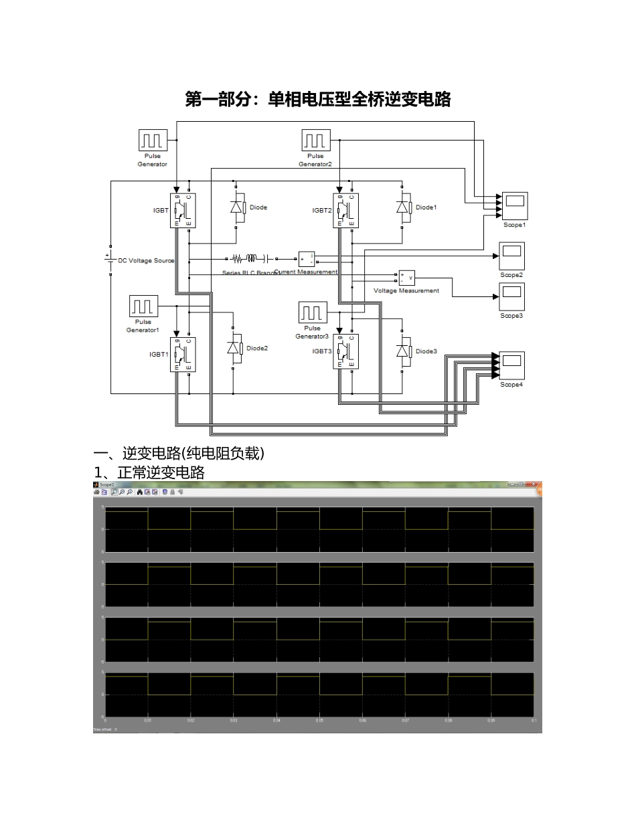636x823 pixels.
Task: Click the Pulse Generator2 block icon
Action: point(315,141)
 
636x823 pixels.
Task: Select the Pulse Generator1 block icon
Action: point(143,306)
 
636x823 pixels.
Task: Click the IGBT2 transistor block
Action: point(346,210)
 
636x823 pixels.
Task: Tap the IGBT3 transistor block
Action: point(346,351)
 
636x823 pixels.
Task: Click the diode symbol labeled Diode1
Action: point(403,207)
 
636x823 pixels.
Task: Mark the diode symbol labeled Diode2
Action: point(234,348)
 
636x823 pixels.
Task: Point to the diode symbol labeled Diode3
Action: point(403,351)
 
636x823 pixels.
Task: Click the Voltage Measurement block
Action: point(406,278)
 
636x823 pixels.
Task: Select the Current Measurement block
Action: point(307,259)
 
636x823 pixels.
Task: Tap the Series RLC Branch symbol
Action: point(249,258)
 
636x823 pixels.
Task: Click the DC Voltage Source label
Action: point(146,261)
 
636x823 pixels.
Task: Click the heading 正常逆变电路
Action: point(161,472)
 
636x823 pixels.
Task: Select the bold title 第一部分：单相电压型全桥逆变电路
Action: point(317,100)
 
